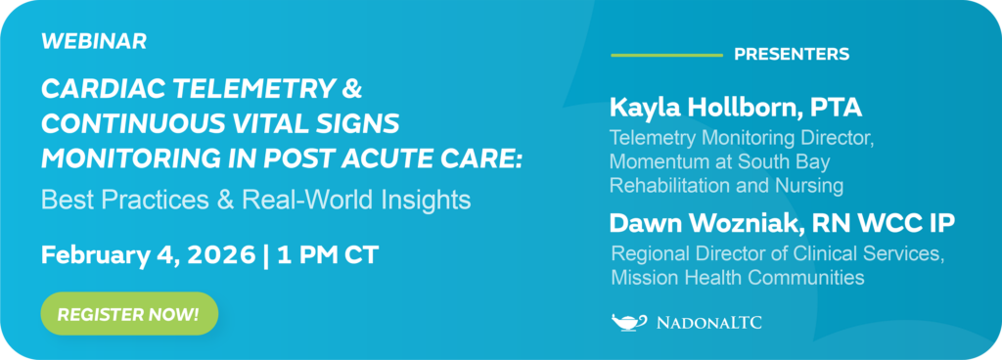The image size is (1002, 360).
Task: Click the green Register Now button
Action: [x=128, y=314]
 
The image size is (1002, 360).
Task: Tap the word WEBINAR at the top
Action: [x=94, y=41]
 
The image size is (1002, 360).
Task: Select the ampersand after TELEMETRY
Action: [x=350, y=91]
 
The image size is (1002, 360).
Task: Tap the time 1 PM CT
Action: [x=330, y=255]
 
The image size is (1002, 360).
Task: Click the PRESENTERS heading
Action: [x=792, y=54]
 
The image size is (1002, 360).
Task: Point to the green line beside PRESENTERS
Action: [x=665, y=54]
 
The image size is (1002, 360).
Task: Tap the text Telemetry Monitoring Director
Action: [x=741, y=139]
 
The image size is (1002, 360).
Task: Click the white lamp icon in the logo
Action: [x=628, y=321]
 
